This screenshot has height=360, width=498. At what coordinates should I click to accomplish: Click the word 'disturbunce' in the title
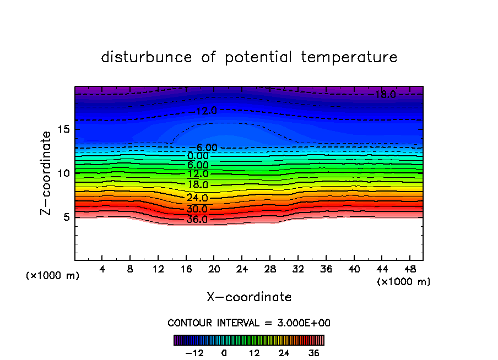[147, 57]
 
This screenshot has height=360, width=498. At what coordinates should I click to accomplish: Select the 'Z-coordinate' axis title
[47, 173]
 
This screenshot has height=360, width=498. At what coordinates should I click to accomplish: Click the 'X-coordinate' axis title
[249, 297]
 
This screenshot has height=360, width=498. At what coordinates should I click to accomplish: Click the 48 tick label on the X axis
[409, 269]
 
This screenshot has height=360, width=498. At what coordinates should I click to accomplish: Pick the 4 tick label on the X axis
[102, 269]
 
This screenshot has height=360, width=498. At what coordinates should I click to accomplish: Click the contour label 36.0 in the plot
[197, 220]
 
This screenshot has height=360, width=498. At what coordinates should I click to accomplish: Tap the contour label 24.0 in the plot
[197, 198]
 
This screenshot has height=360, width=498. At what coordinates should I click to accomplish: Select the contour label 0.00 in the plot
[197, 156]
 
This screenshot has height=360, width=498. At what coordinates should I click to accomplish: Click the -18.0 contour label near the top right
[383, 95]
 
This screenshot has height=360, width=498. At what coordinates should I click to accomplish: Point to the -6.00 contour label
[206, 148]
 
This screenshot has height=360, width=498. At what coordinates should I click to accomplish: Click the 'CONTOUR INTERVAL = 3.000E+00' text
[249, 323]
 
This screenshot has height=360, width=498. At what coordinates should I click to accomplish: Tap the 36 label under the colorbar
[313, 353]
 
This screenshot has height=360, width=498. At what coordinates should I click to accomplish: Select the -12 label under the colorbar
[194, 353]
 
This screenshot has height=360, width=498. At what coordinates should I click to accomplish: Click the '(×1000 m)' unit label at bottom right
[404, 282]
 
